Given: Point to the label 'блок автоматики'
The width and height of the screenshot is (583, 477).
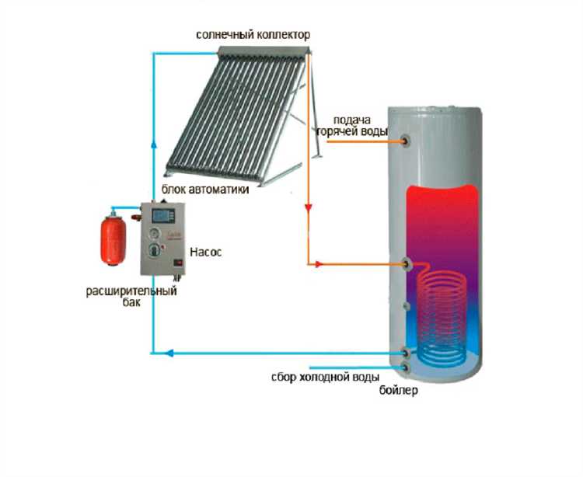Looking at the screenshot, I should tap(206, 190).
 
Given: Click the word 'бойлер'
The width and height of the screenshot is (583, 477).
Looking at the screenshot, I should tap(400, 391).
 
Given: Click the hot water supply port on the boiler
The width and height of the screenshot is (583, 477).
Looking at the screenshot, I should tap(407, 141).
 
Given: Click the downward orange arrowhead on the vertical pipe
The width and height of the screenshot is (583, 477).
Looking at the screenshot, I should tap(308, 209).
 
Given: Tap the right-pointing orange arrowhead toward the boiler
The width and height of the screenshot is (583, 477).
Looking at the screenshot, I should tap(319, 265).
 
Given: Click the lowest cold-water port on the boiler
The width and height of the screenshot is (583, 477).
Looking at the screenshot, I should tap(406, 366).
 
